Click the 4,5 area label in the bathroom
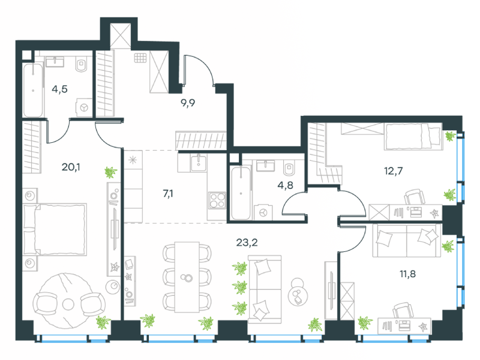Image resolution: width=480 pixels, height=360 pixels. click(59, 89)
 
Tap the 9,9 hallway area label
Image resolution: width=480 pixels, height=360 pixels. click(188, 103)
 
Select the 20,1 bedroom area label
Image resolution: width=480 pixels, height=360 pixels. click(71, 167)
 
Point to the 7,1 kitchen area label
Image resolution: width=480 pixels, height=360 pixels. click(168, 193)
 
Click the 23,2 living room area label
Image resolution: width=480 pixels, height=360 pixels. click(247, 242)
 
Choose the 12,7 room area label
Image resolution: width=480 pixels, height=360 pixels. click(394, 171)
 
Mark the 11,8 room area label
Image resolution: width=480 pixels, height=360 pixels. click(407, 274)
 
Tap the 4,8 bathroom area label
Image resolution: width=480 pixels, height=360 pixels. click(286, 185)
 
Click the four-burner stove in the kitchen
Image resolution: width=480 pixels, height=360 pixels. click(217, 200)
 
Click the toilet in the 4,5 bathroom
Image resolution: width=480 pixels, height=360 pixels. click(82, 65)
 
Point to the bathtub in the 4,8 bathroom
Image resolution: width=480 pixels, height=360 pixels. click(241, 193)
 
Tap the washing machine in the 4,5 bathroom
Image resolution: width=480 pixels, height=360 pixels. click(84, 107)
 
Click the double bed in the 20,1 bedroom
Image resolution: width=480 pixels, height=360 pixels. click(55, 230)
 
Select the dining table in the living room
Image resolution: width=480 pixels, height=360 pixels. click(187, 277)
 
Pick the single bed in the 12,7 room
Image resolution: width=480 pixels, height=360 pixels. click(413, 137)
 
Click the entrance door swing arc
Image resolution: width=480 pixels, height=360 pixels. click(202, 65)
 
